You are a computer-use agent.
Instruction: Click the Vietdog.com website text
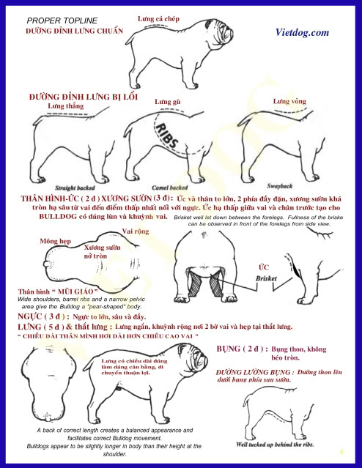tap(301, 33)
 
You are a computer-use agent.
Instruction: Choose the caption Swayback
tap(281, 186)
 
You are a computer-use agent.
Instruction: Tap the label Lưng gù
tap(168, 101)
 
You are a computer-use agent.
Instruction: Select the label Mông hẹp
tap(54, 240)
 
